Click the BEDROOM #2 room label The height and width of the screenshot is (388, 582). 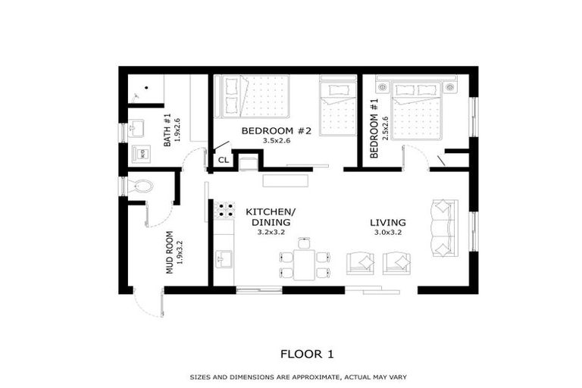click(276, 130)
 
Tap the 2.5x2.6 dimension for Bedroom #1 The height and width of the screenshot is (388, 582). click(385, 128)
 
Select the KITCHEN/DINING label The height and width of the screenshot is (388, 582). click(271, 217)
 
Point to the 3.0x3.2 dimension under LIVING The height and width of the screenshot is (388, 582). click(387, 233)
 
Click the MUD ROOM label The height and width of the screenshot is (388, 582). click(169, 252)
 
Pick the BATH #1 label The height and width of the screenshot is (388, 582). click(167, 130)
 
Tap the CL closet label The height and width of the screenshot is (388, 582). click(224, 160)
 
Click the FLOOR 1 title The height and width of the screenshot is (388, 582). click(307, 354)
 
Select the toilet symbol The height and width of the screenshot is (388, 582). click(140, 186)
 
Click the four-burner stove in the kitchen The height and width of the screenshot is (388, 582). click(225, 209)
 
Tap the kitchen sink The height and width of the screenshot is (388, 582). click(224, 258)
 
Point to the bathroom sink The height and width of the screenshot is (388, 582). click(136, 128)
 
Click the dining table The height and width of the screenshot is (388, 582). click(305, 264)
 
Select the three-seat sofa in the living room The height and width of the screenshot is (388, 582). click(445, 228)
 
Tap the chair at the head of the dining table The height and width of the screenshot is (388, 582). click(305, 242)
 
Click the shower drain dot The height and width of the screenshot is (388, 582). click(146, 88)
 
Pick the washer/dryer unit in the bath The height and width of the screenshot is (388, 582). click(142, 153)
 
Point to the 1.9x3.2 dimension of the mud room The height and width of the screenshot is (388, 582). click(180, 252)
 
